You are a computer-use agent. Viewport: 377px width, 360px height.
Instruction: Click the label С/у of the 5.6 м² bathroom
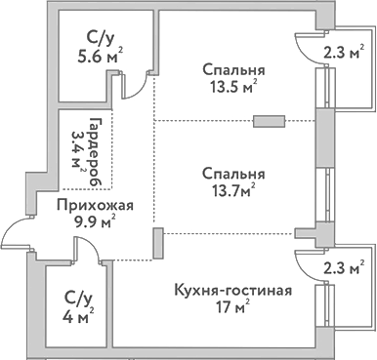(99, 39)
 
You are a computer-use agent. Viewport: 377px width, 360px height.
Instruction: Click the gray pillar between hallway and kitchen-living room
(156, 243)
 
